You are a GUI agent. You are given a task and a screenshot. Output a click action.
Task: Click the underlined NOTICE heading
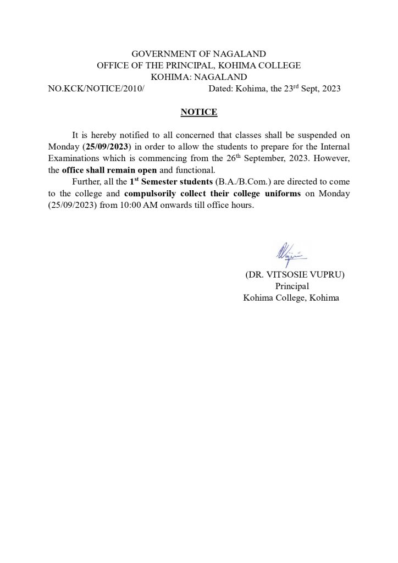(x=198, y=113)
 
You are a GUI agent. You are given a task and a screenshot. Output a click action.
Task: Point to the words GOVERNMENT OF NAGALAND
(x=198, y=54)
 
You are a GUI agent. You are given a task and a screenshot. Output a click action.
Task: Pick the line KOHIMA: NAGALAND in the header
(x=198, y=77)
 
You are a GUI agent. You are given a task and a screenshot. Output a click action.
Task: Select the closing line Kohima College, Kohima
(x=291, y=298)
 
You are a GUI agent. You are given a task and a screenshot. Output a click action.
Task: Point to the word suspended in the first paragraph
(x=311, y=135)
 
